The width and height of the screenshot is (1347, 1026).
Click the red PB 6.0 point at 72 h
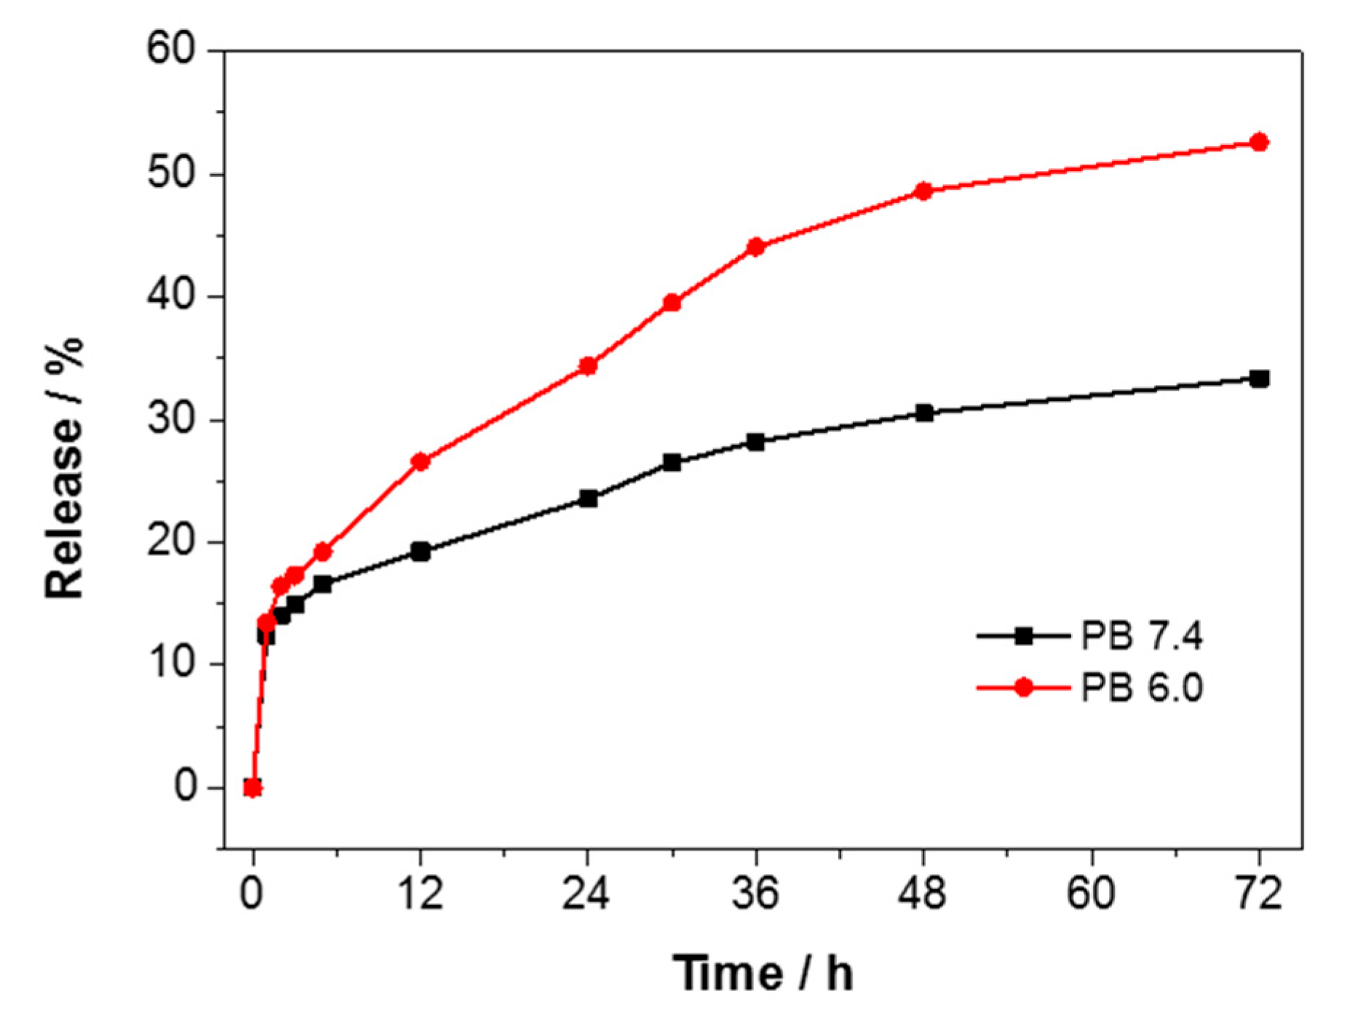click(1259, 143)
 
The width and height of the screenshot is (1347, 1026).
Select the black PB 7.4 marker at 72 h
click(1259, 378)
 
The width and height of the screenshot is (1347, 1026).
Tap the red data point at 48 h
click(923, 191)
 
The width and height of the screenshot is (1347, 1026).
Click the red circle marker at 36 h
click(755, 247)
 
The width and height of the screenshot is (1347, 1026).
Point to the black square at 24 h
click(588, 498)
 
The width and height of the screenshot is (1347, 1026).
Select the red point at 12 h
click(420, 461)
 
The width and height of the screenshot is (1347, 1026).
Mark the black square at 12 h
click(420, 552)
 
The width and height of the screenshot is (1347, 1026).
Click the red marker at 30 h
click(672, 303)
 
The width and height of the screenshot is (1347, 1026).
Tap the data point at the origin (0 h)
click(253, 787)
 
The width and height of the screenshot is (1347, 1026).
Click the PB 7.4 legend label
click(1141, 636)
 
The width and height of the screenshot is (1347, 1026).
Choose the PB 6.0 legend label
click(1141, 688)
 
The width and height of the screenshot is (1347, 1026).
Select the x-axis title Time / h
click(762, 973)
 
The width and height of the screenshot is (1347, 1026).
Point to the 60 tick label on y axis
click(172, 51)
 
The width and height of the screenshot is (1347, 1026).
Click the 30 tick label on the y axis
click(172, 420)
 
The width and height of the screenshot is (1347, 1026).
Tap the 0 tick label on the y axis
click(186, 787)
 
